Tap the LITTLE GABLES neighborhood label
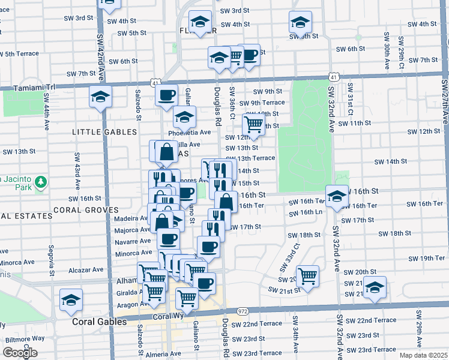pos(104,131)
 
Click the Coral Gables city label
pos(99,322)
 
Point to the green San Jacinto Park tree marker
pos(40,181)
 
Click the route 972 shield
pos(243,311)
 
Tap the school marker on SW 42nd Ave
pos(100,97)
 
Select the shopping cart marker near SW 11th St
pos(253,125)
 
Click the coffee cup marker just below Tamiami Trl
pos(166,95)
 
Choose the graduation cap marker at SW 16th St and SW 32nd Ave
pos(338,197)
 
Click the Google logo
pos(19,353)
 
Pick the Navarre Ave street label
pos(133,241)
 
